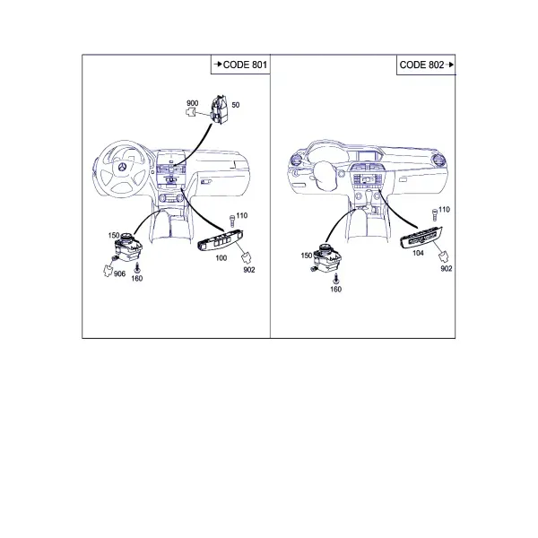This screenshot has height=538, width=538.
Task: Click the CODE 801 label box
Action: [x=240, y=65]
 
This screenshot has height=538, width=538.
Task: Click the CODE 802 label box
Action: [x=426, y=65]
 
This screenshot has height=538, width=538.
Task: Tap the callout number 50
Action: [x=235, y=105]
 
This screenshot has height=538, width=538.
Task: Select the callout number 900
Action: [x=193, y=103]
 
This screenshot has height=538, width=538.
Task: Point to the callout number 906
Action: [x=119, y=273]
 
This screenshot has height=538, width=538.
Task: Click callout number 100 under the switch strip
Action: [x=221, y=257]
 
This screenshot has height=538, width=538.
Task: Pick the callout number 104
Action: [x=418, y=253]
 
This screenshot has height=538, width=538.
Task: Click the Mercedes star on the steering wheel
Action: [x=122, y=168]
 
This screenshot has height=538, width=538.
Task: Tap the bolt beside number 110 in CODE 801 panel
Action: [x=232, y=221]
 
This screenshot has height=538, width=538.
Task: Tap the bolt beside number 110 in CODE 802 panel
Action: [x=435, y=214]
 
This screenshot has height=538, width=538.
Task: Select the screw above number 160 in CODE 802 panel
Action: [x=336, y=278]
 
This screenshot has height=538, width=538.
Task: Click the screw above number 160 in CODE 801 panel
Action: [x=137, y=267]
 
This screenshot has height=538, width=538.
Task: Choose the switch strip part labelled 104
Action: [x=421, y=237]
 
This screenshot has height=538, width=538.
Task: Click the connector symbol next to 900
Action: [x=191, y=112]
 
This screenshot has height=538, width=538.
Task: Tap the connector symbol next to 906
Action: [x=108, y=271]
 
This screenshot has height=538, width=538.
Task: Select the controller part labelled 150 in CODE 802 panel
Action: [x=326, y=257]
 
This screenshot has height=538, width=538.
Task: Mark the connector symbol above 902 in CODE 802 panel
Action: [x=445, y=256]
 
